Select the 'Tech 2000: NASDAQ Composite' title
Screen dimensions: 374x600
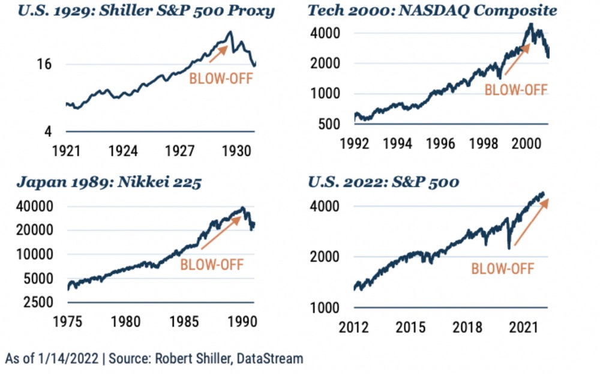pos(432,11)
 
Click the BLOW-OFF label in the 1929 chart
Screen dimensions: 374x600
pos(221,78)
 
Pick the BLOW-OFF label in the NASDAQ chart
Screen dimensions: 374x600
pos(516,90)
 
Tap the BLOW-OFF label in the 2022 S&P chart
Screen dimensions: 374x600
pos(502,268)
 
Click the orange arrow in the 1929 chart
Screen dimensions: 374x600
pos(218,53)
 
